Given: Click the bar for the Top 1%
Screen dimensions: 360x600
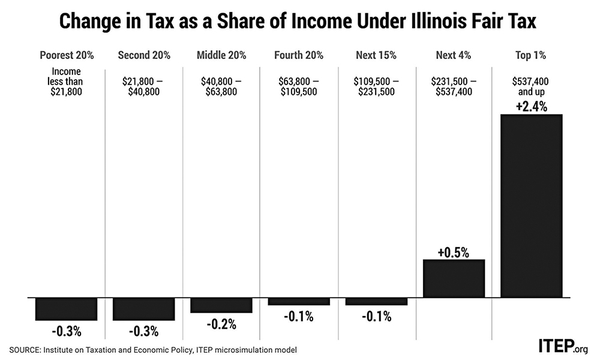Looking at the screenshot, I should pos(531,206).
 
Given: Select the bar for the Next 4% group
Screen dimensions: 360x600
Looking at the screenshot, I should pos(454,278).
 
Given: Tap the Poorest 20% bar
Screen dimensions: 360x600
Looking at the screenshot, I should pos(66,309).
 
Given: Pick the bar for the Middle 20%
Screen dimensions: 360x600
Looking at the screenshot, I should pos(221,305).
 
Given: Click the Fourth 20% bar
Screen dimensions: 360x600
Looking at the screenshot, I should pos(298,301).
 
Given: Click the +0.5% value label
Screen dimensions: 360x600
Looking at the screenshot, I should pos(454,252).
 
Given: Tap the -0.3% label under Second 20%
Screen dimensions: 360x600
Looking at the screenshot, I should pos(143,331).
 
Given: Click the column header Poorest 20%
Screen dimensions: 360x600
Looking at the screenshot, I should pos(67,56).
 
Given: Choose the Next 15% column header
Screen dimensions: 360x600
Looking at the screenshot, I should pos(376,56).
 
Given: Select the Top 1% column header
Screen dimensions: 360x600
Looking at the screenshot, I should pos(530,56).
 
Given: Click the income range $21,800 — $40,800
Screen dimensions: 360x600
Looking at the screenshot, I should pos(144,86).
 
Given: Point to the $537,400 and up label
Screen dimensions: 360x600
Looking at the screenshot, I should pos(531,86).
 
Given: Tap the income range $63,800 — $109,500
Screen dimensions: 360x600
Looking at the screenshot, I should pos(298,86).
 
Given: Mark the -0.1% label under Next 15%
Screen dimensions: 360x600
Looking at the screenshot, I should pos(376,316).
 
